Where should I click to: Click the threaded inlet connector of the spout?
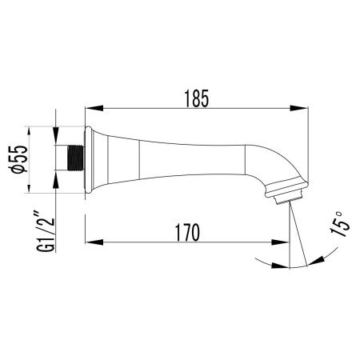pyautogui.click(x=74, y=157)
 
